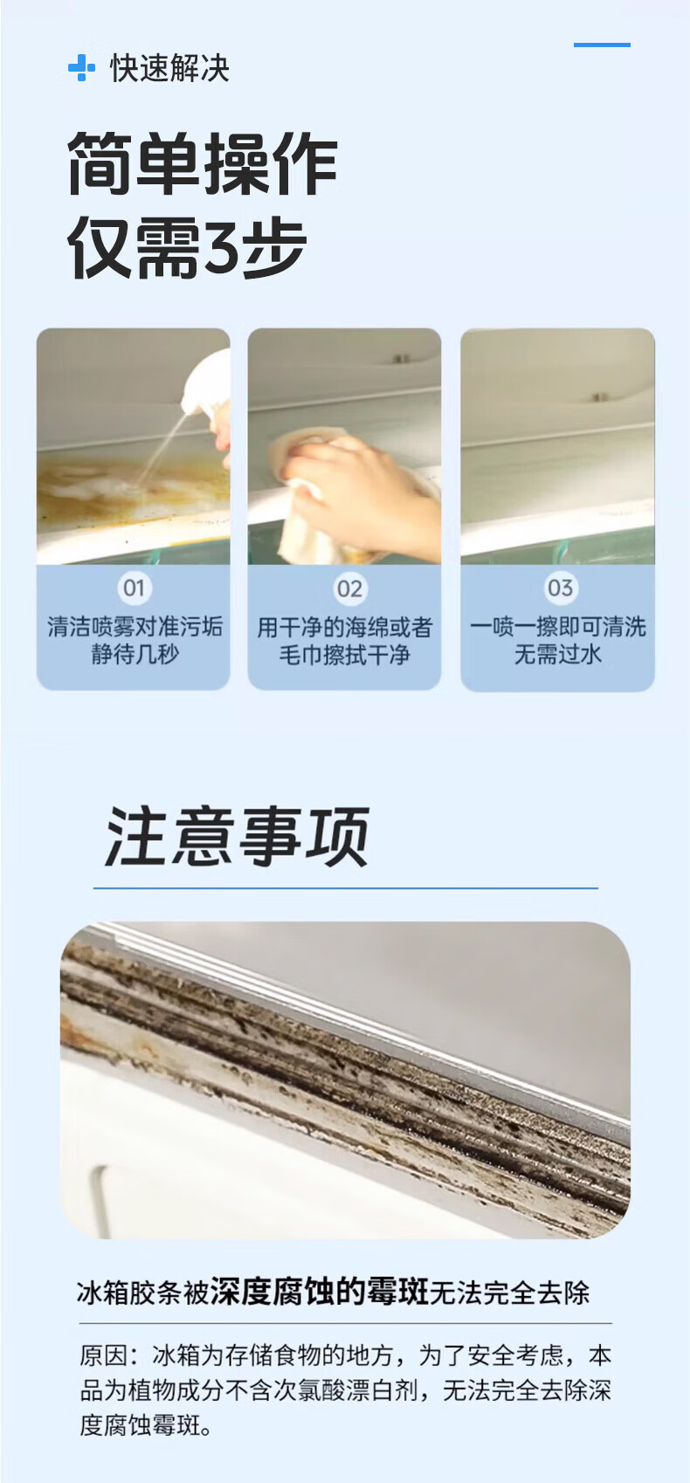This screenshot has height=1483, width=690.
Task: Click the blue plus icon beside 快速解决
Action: (x=81, y=68)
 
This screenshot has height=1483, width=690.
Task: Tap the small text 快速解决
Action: (x=170, y=68)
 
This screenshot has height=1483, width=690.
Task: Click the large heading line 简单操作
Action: (x=203, y=163)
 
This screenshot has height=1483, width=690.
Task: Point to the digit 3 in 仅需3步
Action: (x=220, y=248)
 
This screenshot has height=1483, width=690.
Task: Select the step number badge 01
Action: (x=134, y=587)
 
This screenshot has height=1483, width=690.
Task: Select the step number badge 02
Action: (x=349, y=588)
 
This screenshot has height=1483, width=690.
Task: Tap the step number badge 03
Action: (x=560, y=587)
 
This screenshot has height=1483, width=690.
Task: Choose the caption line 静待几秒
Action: (x=135, y=654)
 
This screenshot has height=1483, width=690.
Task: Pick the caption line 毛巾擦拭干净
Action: (x=344, y=655)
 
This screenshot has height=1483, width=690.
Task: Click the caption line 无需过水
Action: (x=557, y=654)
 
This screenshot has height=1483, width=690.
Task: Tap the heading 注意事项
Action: (x=237, y=837)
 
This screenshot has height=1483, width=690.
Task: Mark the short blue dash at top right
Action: (x=602, y=45)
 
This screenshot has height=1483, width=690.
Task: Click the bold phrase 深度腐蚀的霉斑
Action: (x=319, y=1291)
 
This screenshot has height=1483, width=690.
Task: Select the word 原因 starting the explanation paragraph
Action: (x=104, y=1355)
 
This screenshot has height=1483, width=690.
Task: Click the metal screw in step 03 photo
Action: (x=601, y=397)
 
